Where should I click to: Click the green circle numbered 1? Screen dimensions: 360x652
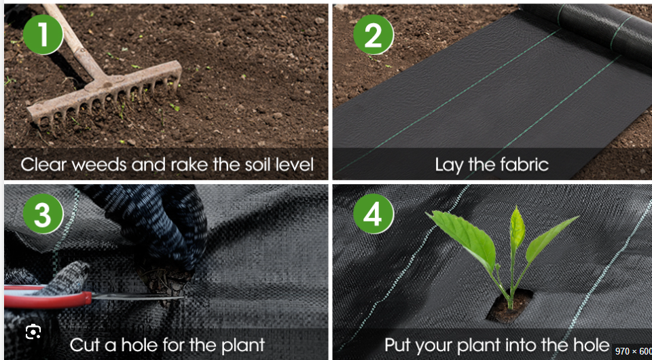point(43,35)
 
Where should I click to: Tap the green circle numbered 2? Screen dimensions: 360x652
point(373,35)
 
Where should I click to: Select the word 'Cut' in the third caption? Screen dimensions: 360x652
point(84,344)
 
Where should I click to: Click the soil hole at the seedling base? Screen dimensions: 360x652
point(509,307)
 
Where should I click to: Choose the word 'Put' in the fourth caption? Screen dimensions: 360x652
point(401,344)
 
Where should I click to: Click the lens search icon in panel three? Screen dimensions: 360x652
point(33,332)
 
